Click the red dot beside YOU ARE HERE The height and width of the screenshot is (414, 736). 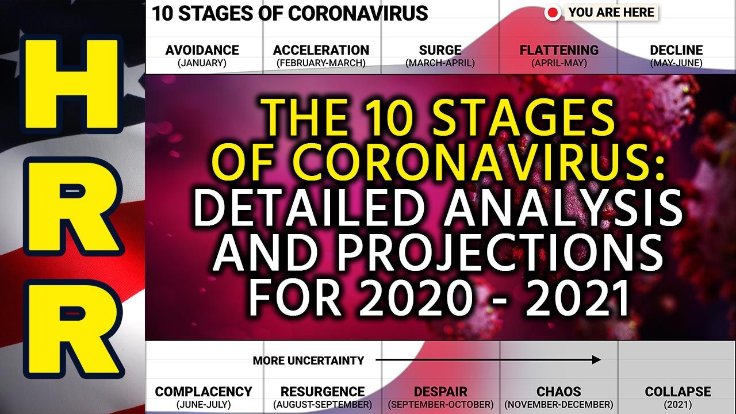coord(553,13)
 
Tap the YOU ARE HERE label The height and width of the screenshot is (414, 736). coord(611,13)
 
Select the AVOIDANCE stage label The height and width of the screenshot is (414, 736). coord(202,50)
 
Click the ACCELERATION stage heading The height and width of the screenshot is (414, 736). coord(321,50)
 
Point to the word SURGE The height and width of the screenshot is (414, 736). coord(440,50)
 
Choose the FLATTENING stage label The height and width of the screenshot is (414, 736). coord(559,50)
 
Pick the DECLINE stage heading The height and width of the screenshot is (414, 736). coord(677,50)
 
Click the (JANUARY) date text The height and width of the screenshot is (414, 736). coord(202,63)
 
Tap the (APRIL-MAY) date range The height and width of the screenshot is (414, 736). coord(559,63)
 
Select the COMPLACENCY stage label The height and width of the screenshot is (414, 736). coord(204,392)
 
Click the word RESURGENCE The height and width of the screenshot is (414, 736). coord(323,392)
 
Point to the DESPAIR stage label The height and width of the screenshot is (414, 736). coord(440,392)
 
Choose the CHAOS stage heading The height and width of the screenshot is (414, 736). coord(558,392)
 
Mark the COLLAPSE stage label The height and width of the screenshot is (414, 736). coord(678,392)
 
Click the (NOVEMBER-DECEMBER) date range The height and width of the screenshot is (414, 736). coord(558,404)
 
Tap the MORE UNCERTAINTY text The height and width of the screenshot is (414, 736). coord(308,361)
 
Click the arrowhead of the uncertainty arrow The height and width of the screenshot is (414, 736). coord(597,360)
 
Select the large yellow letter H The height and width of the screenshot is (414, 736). coord(71,84)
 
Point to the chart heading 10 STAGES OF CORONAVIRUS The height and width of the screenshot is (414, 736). coord(290,13)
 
